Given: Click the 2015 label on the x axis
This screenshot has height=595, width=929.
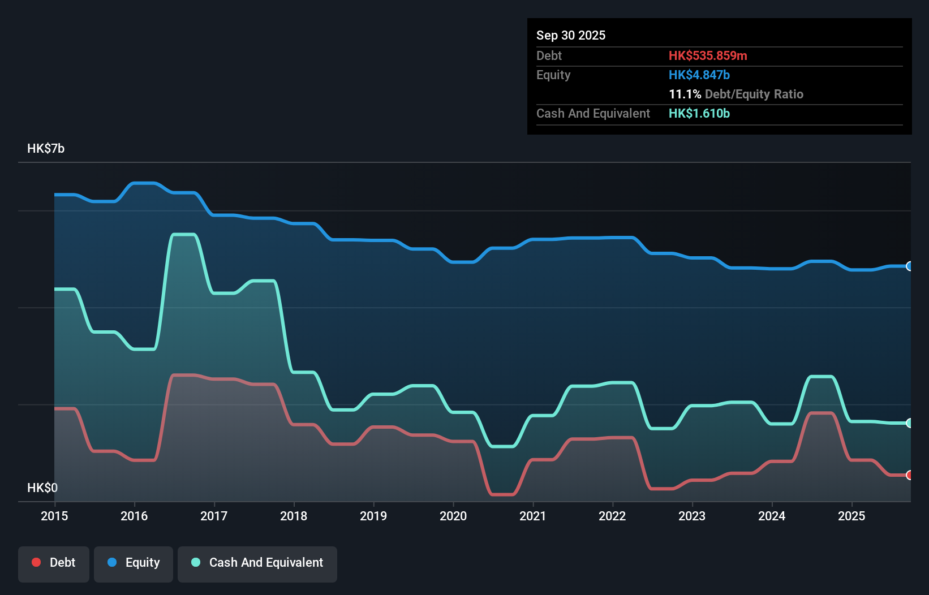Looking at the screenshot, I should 54,516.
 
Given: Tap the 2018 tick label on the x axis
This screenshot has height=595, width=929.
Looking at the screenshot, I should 294,516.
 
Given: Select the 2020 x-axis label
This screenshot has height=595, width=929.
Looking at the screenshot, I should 453,516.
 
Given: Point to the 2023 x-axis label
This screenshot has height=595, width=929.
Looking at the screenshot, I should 692,516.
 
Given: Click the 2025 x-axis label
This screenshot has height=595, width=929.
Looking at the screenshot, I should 851,516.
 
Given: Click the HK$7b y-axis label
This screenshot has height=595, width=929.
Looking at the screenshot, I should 46,149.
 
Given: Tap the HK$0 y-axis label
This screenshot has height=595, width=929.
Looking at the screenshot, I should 42,488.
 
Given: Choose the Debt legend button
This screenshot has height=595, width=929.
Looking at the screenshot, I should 54,563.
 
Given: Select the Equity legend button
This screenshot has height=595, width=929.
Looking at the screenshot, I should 134,563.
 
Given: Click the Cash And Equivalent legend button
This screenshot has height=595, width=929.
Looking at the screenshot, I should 257,563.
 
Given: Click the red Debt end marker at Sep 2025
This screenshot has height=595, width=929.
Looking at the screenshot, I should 909,475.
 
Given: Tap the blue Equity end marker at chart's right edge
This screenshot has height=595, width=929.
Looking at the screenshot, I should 909,266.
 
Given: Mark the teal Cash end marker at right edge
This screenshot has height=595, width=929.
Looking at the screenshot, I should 909,423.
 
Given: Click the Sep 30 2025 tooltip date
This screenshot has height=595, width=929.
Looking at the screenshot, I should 571,35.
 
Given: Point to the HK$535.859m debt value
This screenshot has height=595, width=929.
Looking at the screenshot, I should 708,55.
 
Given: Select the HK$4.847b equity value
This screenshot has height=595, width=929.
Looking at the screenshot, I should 699,75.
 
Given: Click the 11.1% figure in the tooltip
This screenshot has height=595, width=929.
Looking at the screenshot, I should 685,94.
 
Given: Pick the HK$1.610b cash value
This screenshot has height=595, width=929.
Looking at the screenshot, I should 699,113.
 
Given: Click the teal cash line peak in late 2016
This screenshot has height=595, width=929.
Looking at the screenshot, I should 184,234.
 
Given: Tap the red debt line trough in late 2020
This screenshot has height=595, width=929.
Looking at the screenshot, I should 503,494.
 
